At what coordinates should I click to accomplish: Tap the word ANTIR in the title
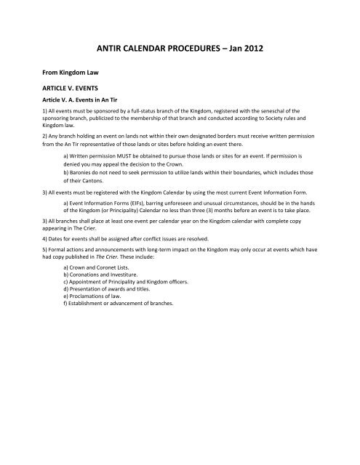tap(117, 49)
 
